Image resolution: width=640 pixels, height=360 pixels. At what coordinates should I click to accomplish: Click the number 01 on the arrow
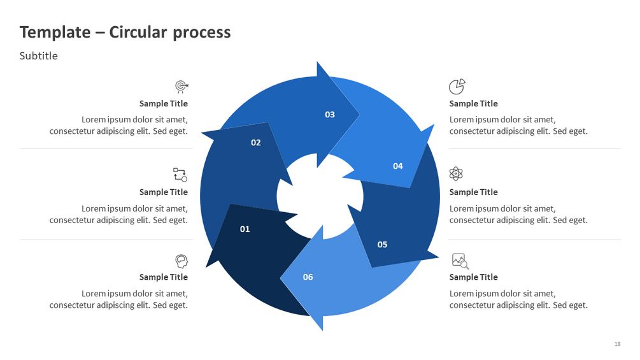click(x=245, y=229)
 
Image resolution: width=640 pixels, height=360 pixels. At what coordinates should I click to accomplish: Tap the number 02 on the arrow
click(x=255, y=143)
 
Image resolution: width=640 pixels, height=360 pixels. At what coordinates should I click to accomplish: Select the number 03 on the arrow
click(x=329, y=115)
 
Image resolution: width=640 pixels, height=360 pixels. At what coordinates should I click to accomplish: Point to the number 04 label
click(x=397, y=166)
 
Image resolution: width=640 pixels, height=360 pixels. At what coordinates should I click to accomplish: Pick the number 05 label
click(x=382, y=245)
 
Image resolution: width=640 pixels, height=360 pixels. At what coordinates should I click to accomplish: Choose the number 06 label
click(x=308, y=277)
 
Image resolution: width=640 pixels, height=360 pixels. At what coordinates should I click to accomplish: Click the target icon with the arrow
click(x=181, y=87)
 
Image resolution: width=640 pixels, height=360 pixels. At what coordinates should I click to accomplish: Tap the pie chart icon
click(x=457, y=86)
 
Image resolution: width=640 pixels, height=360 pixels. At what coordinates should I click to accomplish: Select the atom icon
click(x=456, y=173)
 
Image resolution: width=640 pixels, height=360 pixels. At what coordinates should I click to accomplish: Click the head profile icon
click(x=181, y=261)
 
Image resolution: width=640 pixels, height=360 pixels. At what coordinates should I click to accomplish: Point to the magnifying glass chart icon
click(x=460, y=261)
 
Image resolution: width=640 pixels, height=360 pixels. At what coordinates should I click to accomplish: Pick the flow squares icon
click(x=180, y=174)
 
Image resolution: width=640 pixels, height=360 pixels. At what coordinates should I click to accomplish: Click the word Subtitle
click(x=38, y=56)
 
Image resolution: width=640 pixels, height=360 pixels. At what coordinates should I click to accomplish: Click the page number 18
click(x=617, y=344)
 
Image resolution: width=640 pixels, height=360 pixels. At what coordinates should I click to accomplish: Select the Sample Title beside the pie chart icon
click(x=473, y=104)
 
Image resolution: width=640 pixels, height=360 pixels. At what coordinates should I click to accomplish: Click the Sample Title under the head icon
click(x=164, y=277)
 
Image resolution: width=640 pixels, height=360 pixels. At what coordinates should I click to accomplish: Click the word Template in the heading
click(x=55, y=32)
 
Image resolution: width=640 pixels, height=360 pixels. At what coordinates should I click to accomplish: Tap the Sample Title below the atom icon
click(x=473, y=192)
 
